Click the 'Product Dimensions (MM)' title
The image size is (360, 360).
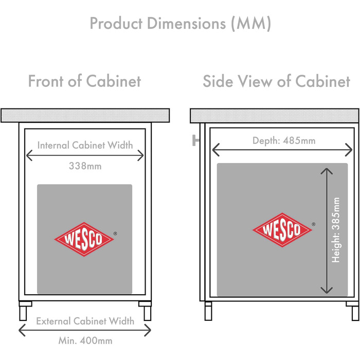tap(180, 24)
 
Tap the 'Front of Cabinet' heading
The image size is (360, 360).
tap(84, 81)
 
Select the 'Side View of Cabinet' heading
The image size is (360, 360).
tap(277, 81)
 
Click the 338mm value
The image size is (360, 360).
tap(85, 166)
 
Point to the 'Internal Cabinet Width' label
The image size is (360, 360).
tap(85, 145)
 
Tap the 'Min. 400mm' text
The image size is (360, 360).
tap(85, 340)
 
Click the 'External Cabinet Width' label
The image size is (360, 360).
tap(85, 321)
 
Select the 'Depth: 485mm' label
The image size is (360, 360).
tap(284, 140)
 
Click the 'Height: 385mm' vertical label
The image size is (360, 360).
tap(336, 230)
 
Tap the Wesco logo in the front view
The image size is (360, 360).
tap(84, 239)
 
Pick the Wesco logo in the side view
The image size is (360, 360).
tap(282, 230)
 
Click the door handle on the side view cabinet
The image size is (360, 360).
tap(195, 140)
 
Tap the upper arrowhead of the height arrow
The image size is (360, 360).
tap(327, 171)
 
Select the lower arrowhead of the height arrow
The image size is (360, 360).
tap(327, 290)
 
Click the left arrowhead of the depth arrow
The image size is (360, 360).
tap(216, 150)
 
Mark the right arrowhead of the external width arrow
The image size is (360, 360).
tap(148, 330)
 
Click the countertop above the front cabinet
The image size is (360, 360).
tap(85, 116)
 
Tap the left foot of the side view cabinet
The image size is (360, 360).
tap(208, 311)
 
